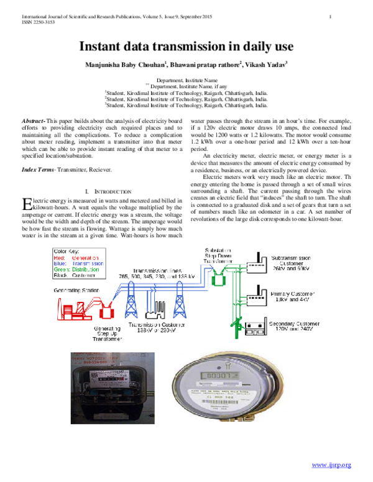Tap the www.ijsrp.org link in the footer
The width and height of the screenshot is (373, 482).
click(x=331, y=465)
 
